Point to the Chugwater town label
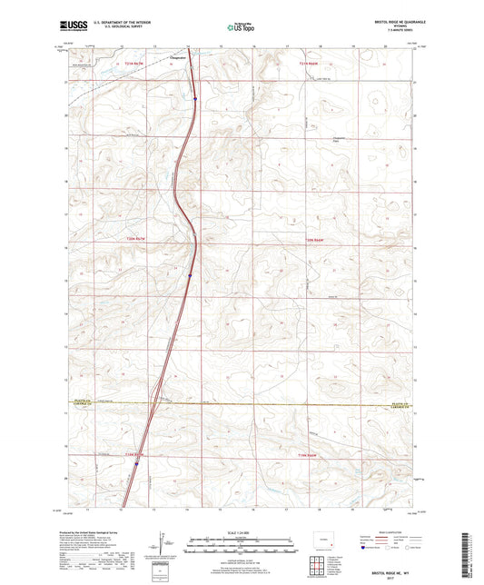[x=179, y=56]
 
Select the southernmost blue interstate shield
[x=137, y=464]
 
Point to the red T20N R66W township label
[x=311, y=240]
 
